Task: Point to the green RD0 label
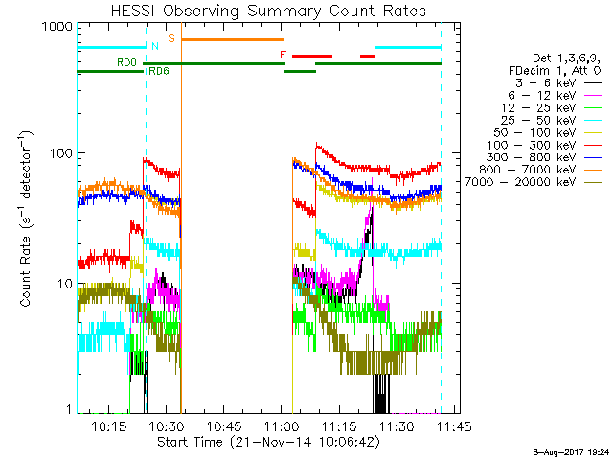coord(125,62)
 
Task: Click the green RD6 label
coord(158,71)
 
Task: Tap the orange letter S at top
coord(170,38)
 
